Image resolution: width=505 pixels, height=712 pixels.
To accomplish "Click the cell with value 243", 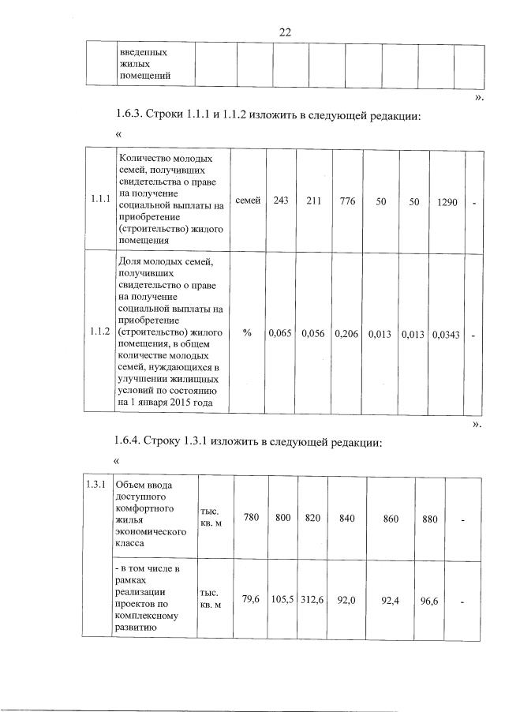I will [280, 202].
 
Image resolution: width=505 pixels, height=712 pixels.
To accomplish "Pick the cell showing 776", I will [347, 202].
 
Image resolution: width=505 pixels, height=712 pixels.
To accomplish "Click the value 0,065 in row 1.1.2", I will [280, 334].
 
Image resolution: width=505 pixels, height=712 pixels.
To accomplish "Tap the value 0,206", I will [347, 334].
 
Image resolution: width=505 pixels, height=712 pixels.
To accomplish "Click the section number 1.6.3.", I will [132, 116].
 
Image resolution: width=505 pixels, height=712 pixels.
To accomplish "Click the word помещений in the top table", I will [145, 76].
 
